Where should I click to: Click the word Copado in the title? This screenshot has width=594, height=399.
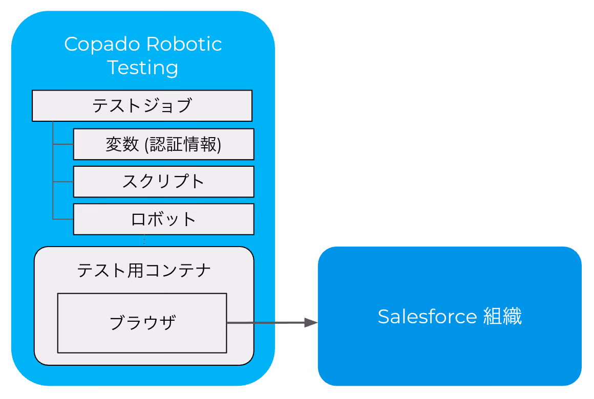(x=102, y=45)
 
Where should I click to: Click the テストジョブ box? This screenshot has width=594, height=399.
(x=142, y=105)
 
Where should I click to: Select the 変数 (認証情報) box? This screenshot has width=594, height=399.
(x=164, y=144)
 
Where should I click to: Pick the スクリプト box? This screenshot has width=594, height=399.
(x=164, y=182)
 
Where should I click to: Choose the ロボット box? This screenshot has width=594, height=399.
(x=164, y=219)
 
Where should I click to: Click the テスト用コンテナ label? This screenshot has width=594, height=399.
(x=144, y=271)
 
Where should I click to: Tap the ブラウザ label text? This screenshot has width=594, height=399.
(x=142, y=323)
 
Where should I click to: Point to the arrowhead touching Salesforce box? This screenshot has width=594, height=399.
(x=311, y=323)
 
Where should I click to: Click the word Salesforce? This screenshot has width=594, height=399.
(x=427, y=317)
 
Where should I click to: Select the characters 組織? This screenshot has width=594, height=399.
(x=502, y=317)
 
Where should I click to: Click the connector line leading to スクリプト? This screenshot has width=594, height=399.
(x=63, y=182)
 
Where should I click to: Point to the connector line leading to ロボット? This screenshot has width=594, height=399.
(x=63, y=219)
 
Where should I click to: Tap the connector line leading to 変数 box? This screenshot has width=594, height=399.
(x=63, y=144)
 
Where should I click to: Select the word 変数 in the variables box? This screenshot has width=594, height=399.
(x=122, y=144)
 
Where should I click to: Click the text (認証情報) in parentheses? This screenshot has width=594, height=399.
(x=183, y=145)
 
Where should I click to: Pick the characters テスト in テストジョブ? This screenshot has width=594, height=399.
(x=117, y=105)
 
